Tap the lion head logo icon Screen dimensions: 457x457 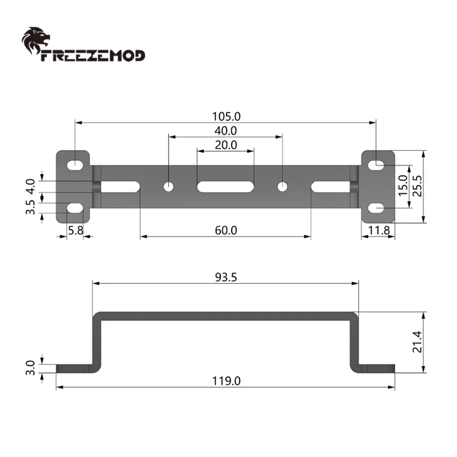click(x=35, y=41)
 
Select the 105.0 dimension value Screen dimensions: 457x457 click(x=226, y=116)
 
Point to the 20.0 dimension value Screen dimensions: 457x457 click(x=226, y=145)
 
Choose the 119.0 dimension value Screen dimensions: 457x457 click(x=226, y=380)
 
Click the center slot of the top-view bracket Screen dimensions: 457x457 click(x=226, y=186)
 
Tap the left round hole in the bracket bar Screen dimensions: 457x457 click(x=169, y=186)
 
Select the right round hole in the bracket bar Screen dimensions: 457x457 click(x=282, y=186)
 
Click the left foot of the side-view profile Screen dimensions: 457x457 click(x=74, y=368)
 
